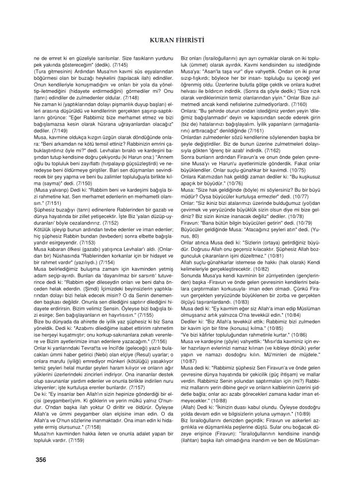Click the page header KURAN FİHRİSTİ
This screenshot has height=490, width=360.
tap(180, 39)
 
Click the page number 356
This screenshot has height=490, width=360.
tap(41, 460)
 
